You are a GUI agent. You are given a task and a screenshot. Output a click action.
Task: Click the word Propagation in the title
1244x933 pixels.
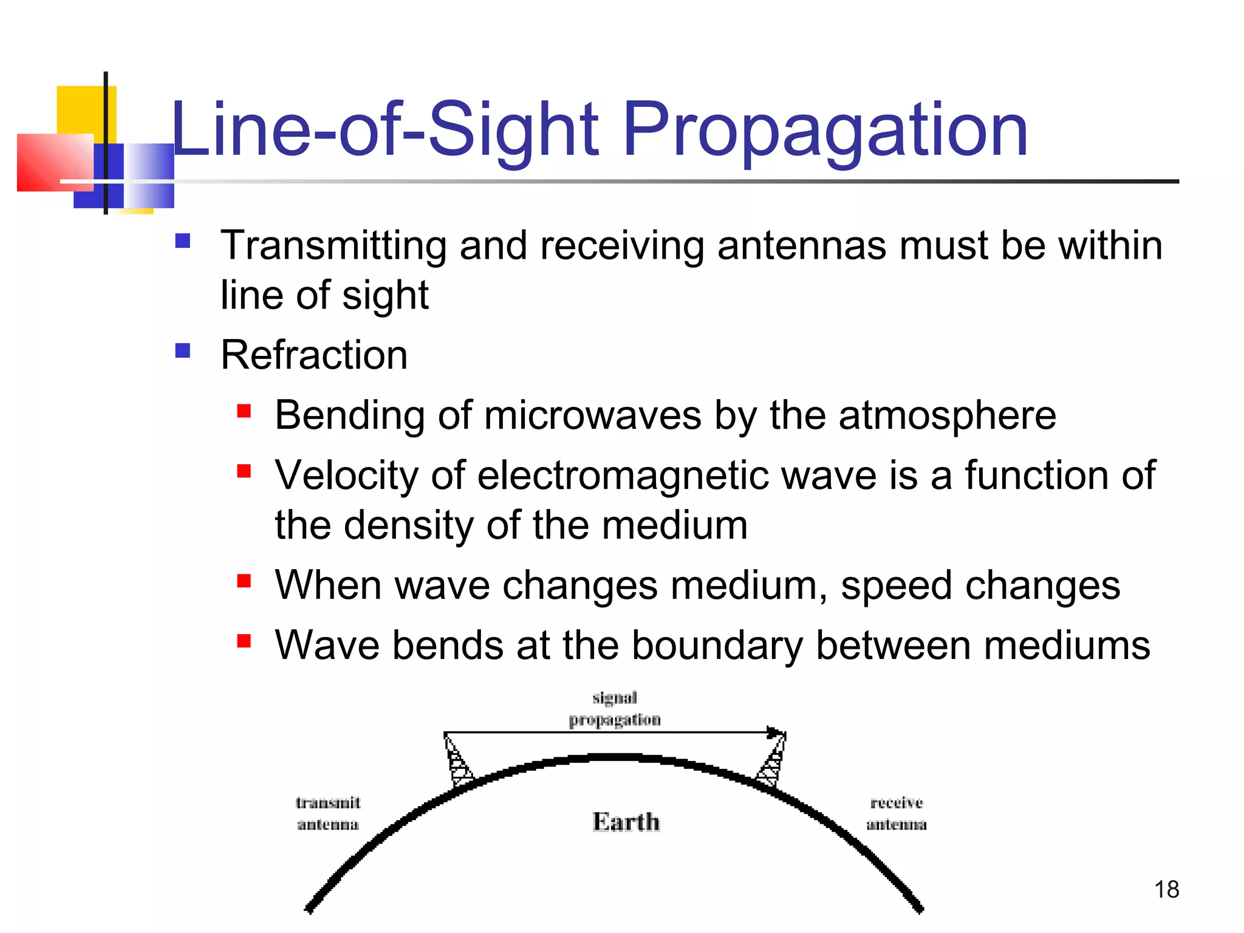824,131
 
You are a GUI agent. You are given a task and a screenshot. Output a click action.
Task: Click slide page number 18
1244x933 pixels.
1166,890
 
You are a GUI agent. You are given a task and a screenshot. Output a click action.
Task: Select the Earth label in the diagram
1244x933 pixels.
626,822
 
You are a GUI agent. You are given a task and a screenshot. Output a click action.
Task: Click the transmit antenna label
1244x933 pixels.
328,813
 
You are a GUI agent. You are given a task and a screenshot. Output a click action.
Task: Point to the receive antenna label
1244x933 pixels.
897,813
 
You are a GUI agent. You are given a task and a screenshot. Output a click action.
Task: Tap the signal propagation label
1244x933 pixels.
615,708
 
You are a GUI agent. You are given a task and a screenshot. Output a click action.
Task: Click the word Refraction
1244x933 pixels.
313,355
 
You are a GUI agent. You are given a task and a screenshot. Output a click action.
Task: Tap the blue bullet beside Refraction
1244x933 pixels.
183,350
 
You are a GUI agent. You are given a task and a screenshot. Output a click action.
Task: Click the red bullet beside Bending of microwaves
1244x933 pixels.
244,412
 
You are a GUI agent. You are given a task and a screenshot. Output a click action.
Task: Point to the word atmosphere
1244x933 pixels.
947,415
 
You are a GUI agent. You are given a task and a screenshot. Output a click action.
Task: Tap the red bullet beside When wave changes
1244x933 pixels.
244,581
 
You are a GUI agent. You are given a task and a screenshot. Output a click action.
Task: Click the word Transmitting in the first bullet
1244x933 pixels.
333,245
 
